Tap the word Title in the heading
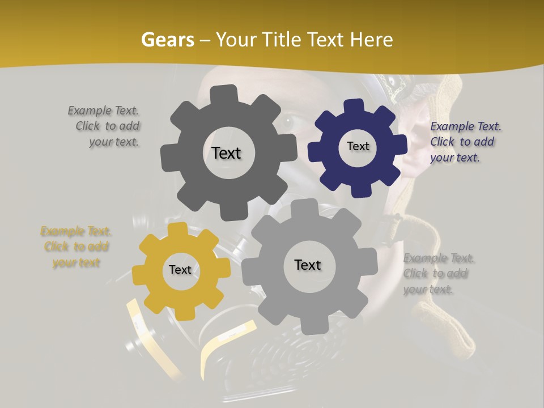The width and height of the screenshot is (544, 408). pos(283,40)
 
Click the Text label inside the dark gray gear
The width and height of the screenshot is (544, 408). pos(226,153)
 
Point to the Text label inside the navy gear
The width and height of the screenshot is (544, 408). pos(358,146)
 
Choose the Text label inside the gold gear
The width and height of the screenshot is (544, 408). pos(180,270)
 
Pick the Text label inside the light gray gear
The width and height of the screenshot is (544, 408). pos(308,265)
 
